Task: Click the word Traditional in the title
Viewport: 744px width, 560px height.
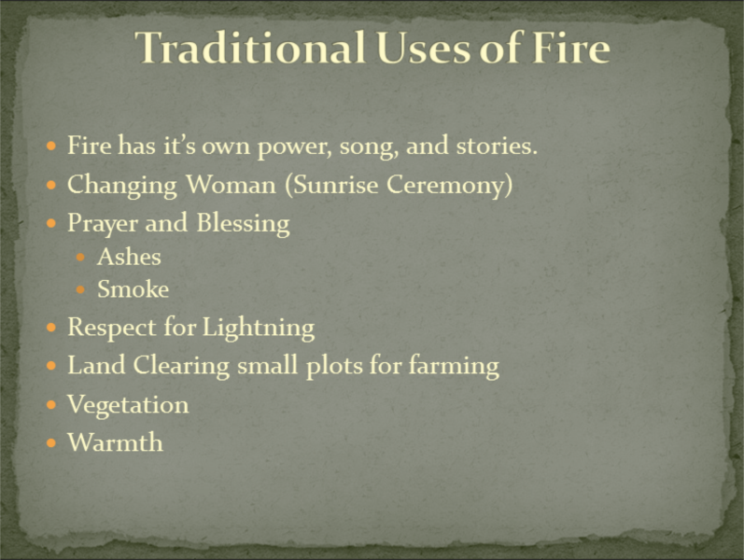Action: pyautogui.click(x=250, y=48)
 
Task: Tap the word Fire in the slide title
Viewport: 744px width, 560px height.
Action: pyautogui.click(x=570, y=48)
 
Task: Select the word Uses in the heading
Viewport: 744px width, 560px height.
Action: pyautogui.click(x=423, y=48)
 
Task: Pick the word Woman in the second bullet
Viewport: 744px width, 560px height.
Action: pyautogui.click(x=231, y=184)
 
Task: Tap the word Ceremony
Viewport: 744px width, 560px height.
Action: pyautogui.click(x=449, y=185)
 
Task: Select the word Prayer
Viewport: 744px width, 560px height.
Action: pyautogui.click(x=103, y=223)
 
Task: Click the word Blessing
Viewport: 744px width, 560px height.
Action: pyautogui.click(x=243, y=223)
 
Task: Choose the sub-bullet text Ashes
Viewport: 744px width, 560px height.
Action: pyautogui.click(x=129, y=257)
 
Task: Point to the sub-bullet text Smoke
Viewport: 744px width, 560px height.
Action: pyautogui.click(x=133, y=289)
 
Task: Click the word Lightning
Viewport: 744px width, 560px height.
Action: pyautogui.click(x=259, y=328)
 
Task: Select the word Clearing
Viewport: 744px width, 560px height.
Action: pyautogui.click(x=181, y=366)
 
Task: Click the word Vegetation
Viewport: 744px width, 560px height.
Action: pyautogui.click(x=128, y=405)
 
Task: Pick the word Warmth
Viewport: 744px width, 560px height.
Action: pyautogui.click(x=116, y=442)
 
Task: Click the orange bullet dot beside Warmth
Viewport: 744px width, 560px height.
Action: pyautogui.click(x=51, y=443)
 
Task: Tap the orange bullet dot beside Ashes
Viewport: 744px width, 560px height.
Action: pyautogui.click(x=80, y=258)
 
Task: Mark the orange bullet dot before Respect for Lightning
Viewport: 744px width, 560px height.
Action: pyautogui.click(x=51, y=328)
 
